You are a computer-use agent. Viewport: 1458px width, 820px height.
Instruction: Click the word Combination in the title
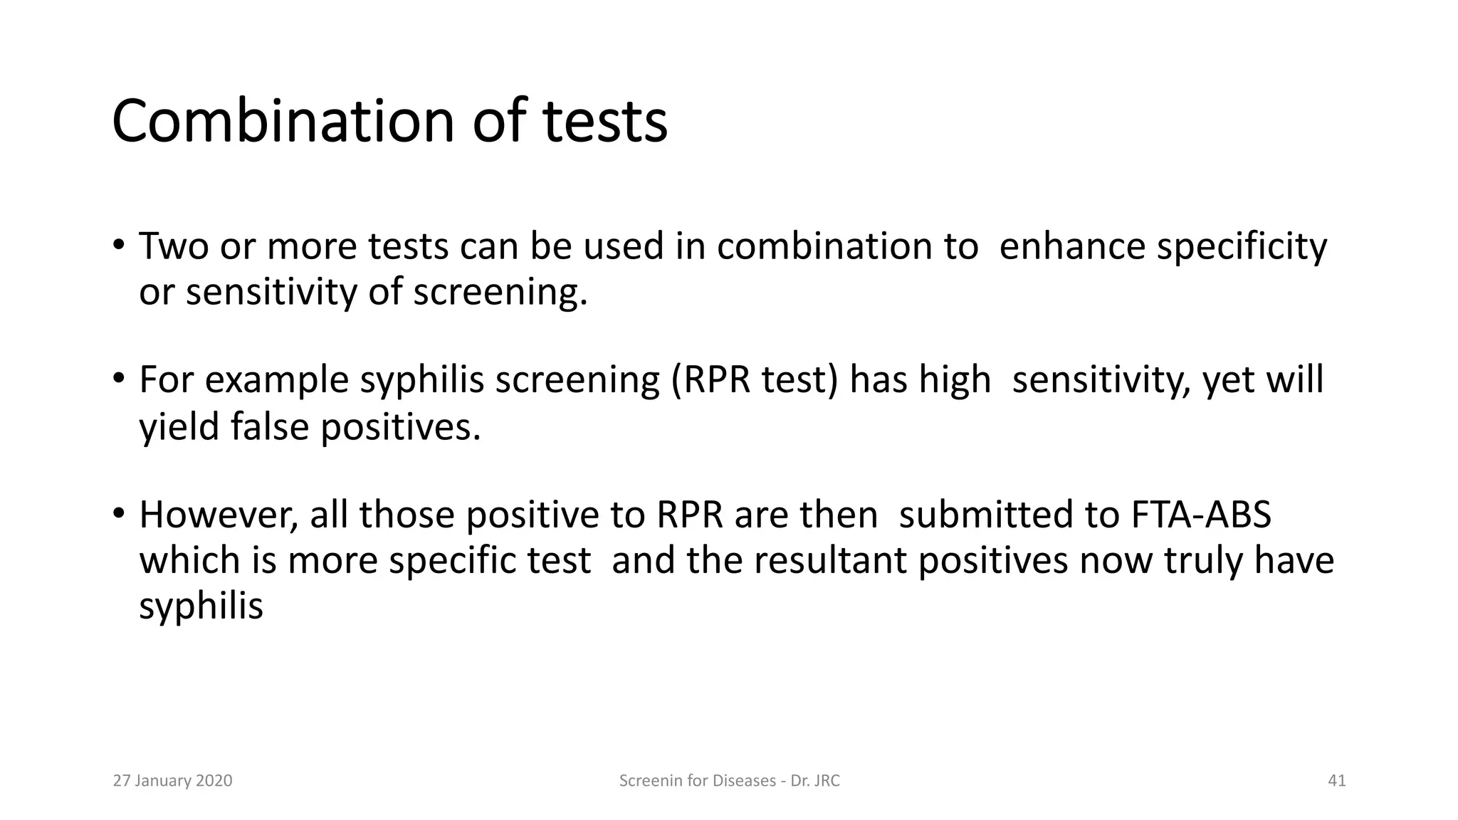click(x=283, y=121)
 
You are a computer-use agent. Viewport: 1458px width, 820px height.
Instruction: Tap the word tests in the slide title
click(x=605, y=121)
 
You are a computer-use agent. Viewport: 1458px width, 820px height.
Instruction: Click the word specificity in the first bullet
click(x=1242, y=246)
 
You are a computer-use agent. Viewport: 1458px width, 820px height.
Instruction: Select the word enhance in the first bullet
click(x=1071, y=246)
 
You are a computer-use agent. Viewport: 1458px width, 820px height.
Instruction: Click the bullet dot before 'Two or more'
click(x=118, y=245)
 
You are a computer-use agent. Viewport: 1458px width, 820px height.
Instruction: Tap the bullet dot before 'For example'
click(x=118, y=378)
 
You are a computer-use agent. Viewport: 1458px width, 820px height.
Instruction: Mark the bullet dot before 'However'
click(x=118, y=512)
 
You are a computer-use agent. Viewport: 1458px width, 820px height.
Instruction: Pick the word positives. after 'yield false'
click(x=401, y=426)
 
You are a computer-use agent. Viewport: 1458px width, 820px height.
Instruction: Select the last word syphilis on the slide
click(x=201, y=606)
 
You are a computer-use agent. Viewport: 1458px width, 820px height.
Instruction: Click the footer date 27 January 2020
click(x=173, y=781)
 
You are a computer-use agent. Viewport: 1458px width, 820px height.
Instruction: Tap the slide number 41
click(x=1336, y=781)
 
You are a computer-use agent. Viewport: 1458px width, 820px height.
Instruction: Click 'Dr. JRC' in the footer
click(x=815, y=781)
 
